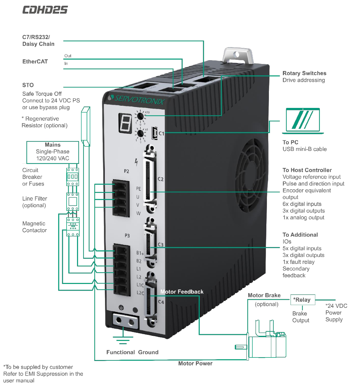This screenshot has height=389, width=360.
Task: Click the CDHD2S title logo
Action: coord(45,10)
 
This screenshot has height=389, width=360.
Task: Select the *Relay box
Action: coord(302,300)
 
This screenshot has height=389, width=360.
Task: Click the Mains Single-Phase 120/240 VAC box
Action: coord(53,152)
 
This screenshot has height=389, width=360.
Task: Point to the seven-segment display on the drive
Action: coord(125,123)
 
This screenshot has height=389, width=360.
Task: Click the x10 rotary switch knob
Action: coord(140,116)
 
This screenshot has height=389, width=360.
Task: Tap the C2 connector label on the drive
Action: coord(161,179)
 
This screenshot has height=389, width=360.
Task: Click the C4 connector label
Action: coord(161,302)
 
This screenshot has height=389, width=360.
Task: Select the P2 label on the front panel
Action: coord(126,171)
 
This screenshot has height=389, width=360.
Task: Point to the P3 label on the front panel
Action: coord(127,236)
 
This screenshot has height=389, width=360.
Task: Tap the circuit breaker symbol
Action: coord(73,177)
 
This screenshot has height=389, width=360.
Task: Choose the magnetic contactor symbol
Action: coord(73,227)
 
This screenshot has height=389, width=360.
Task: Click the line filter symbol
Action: coord(73,202)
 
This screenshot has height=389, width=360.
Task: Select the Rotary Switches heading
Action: coord(304,73)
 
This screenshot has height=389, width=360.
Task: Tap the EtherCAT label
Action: coord(35,61)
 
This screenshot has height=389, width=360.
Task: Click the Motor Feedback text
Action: coord(182,292)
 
